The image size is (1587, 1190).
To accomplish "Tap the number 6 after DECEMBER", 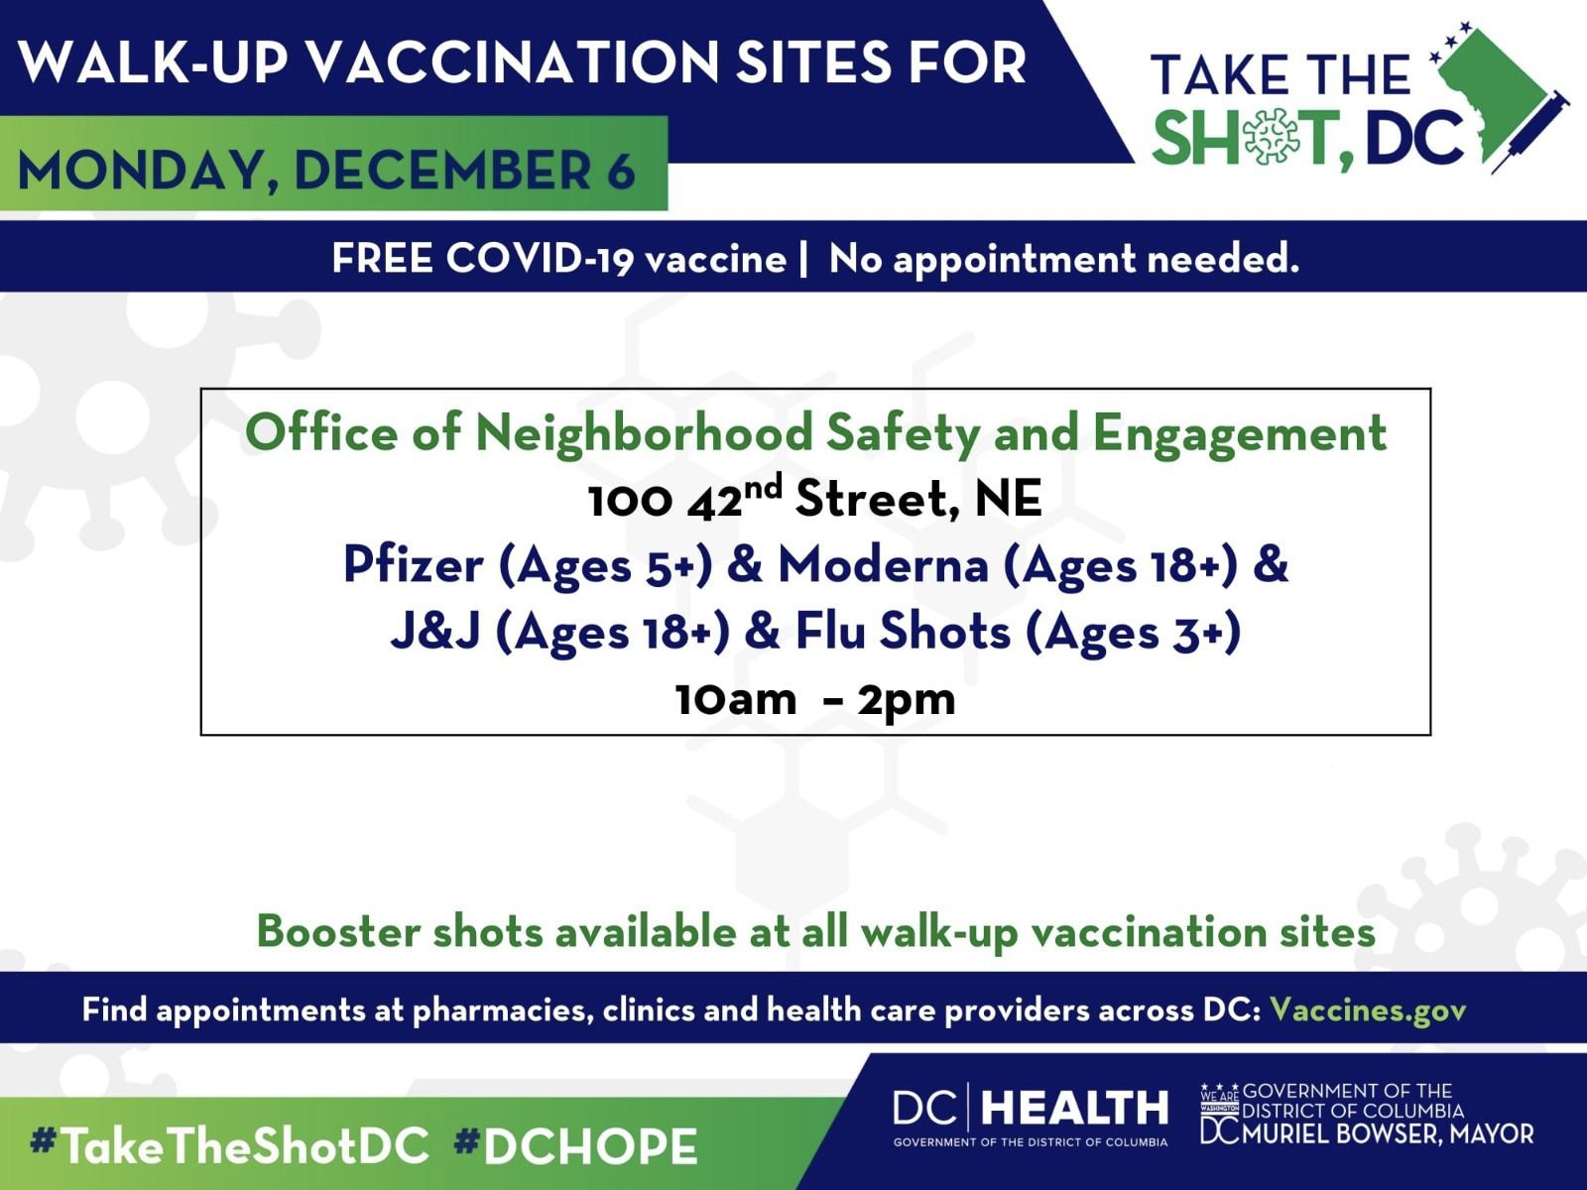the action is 621,171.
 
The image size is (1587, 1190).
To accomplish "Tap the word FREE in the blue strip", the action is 383,258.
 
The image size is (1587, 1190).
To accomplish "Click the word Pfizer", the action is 414,565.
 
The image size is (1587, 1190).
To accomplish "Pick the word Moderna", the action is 883,565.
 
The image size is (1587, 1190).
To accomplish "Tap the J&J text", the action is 435,632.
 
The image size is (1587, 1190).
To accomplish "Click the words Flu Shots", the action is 903,632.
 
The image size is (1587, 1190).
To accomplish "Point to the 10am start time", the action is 736,700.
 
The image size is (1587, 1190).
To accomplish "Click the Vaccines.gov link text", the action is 1368,1010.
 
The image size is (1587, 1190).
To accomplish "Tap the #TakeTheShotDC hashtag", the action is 230,1146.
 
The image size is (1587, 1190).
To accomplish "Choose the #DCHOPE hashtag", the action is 576,1146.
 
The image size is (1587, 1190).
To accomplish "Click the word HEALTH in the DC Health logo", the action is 1074,1109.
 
